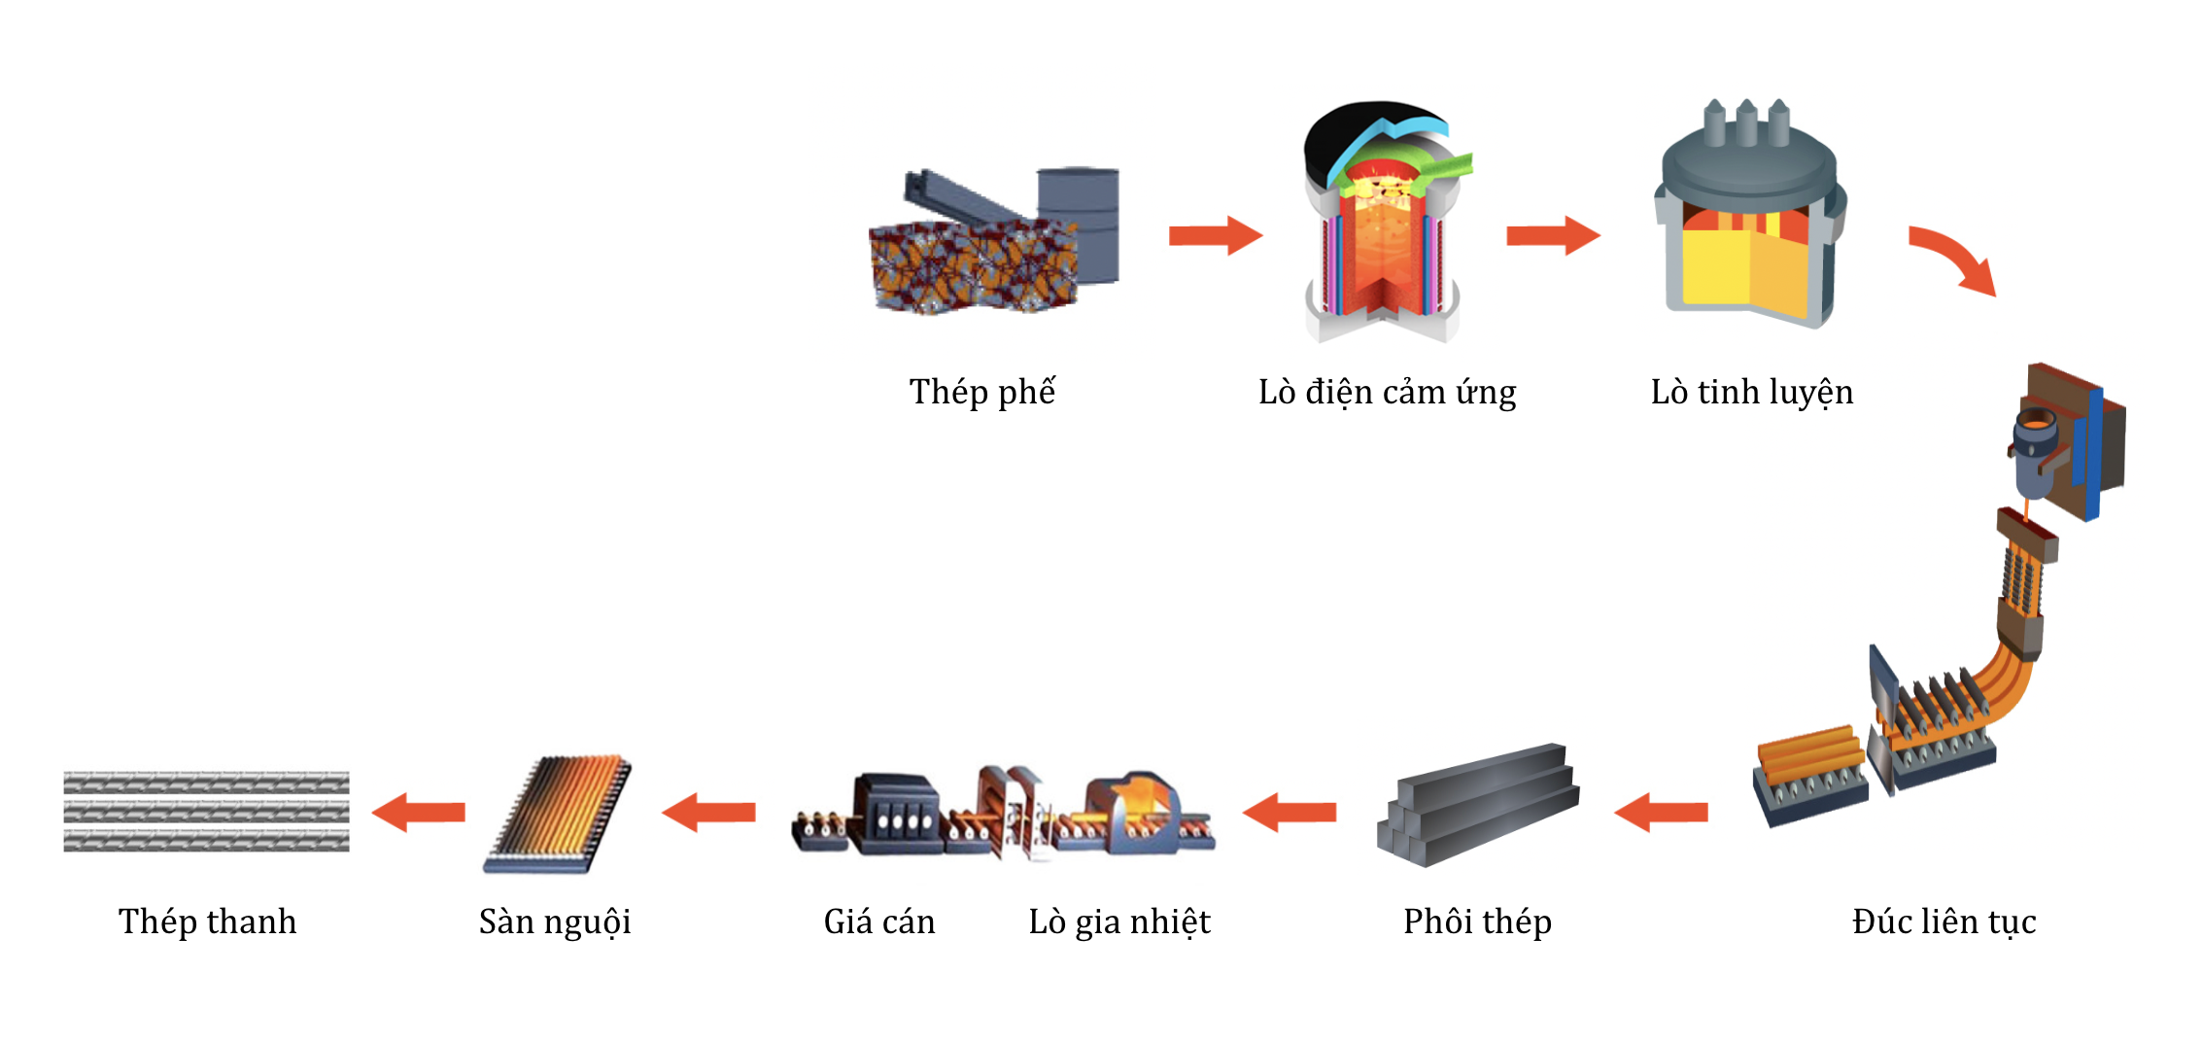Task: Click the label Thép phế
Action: click(x=981, y=392)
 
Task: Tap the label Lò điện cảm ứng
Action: click(x=1387, y=392)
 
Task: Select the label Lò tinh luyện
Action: click(x=1751, y=392)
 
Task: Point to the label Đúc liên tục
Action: click(x=1944, y=922)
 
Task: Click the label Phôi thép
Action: click(x=1477, y=922)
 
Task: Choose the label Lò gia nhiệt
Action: click(x=1119, y=922)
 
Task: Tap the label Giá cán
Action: click(x=879, y=922)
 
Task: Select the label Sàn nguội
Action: click(x=555, y=922)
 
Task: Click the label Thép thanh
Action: click(x=207, y=922)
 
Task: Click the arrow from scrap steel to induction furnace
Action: click(x=1215, y=235)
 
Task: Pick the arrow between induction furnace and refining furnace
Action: click(x=1552, y=235)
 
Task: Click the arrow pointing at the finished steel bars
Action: click(x=419, y=812)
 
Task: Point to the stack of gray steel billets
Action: click(x=1477, y=807)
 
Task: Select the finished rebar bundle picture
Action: click(x=206, y=812)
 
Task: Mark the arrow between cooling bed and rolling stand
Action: click(x=708, y=812)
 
